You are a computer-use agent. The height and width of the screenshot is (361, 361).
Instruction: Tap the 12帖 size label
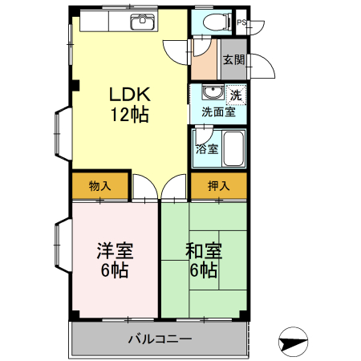pyautogui.click(x=128, y=114)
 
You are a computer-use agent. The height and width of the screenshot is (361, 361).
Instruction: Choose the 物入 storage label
pyautogui.click(x=99, y=186)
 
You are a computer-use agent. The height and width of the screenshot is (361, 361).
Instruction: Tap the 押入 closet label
pyautogui.click(x=218, y=186)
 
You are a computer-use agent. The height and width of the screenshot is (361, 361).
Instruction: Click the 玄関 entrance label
pyautogui.click(x=233, y=60)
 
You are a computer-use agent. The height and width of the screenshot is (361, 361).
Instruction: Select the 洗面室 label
pyautogui.click(x=218, y=113)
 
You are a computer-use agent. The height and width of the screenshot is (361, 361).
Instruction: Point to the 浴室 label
pyautogui.click(x=207, y=148)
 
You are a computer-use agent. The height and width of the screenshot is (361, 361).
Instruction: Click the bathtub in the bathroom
pyautogui.click(x=232, y=148)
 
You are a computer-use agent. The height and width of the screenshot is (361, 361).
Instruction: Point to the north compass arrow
pyautogui.click(x=293, y=342)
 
